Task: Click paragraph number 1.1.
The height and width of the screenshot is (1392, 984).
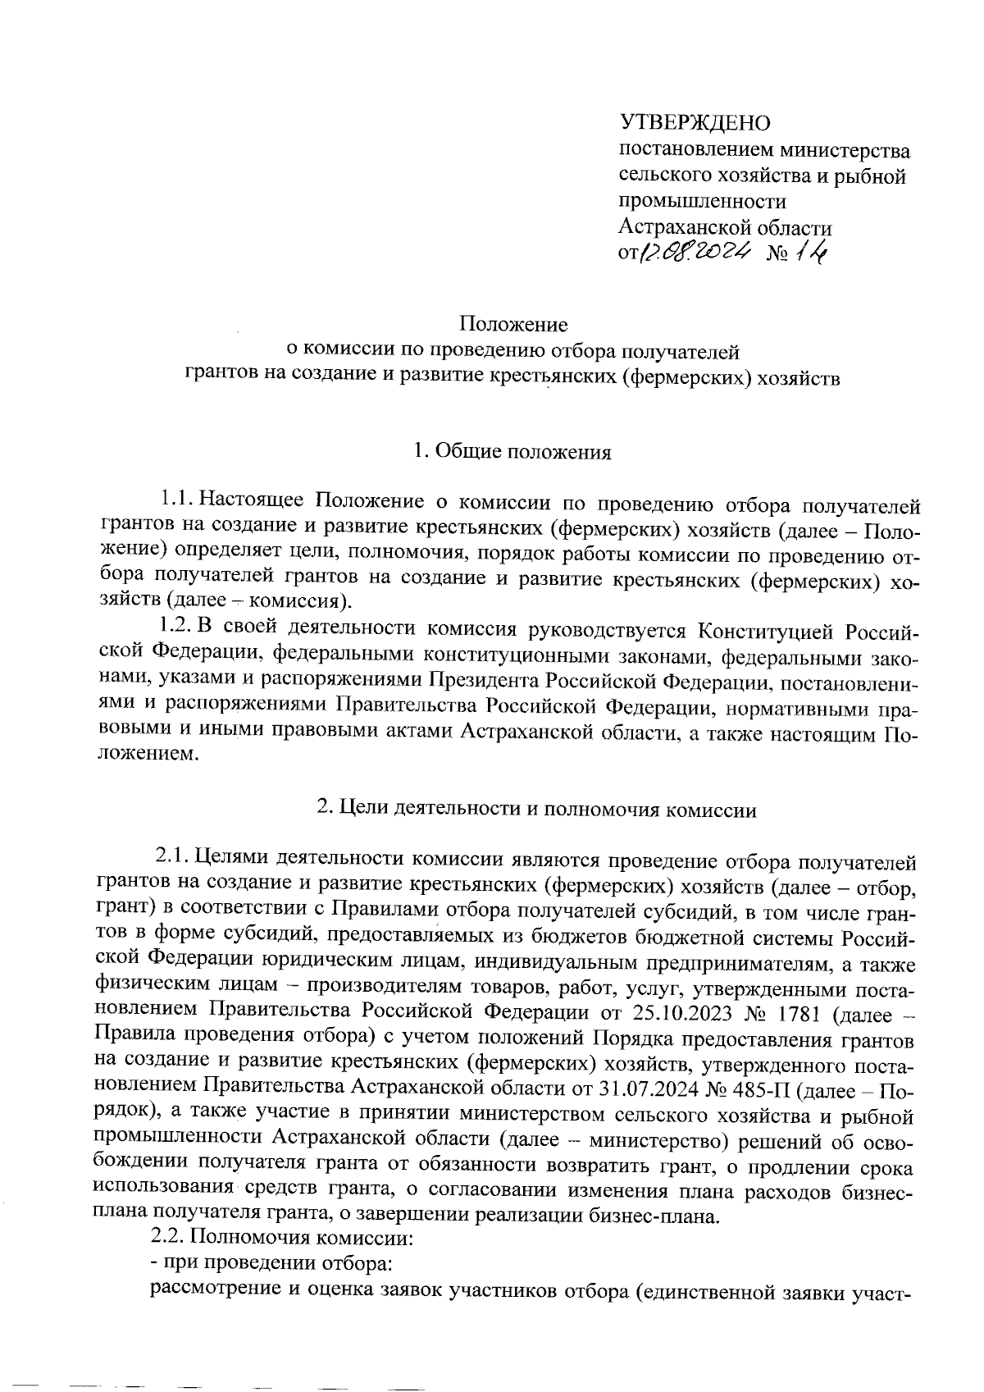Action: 176,499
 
